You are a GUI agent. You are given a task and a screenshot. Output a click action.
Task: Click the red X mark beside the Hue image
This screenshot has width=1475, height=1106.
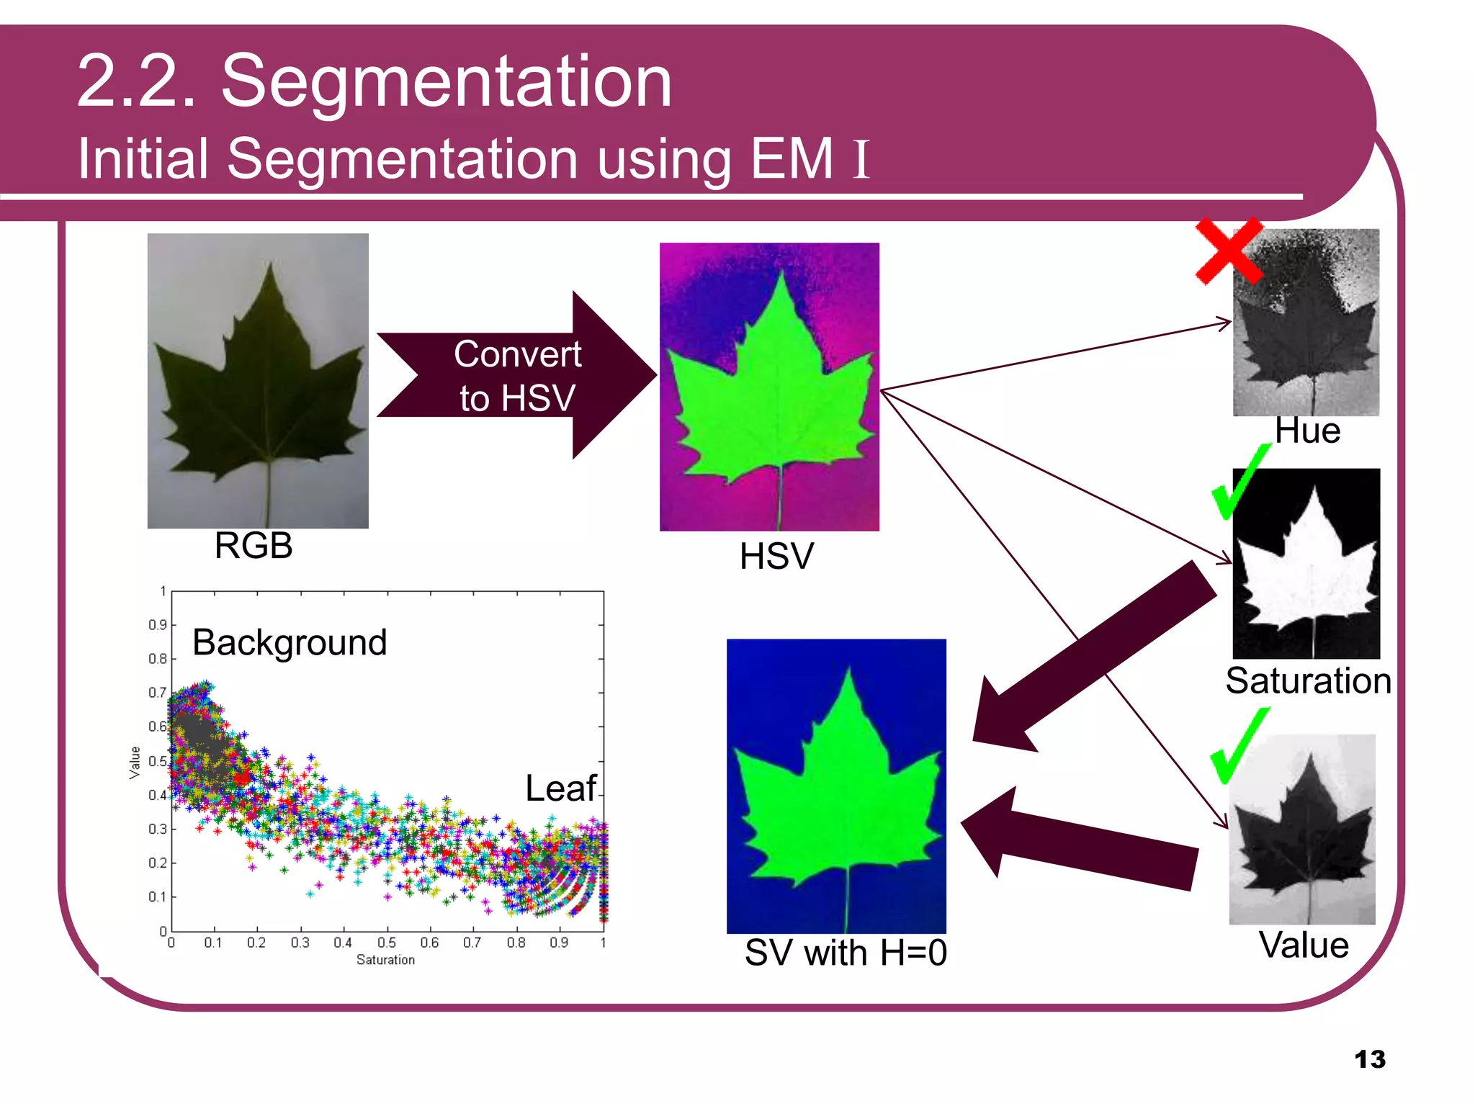(x=1229, y=252)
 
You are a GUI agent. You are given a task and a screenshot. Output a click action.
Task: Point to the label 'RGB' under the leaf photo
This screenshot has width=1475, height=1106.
(x=254, y=545)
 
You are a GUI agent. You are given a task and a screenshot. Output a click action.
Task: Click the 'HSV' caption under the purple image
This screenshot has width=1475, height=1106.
(x=776, y=557)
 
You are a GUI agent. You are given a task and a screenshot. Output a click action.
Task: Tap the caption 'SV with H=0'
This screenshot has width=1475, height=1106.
(x=846, y=953)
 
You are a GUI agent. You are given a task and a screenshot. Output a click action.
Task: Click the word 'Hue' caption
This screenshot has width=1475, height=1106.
(x=1307, y=431)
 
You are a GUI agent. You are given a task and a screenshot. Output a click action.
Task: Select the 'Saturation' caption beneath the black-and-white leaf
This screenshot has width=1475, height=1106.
(x=1308, y=680)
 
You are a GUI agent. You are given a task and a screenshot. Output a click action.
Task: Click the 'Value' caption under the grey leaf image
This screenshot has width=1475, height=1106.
(x=1304, y=945)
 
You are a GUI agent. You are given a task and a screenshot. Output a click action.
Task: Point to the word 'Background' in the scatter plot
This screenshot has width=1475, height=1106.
(x=290, y=642)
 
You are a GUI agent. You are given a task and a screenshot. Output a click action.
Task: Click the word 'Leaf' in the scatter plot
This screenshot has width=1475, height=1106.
(x=560, y=788)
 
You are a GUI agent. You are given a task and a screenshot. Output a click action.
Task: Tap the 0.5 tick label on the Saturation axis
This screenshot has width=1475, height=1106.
(x=387, y=943)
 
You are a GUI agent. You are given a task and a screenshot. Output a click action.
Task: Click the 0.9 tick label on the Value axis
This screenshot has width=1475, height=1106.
(x=157, y=625)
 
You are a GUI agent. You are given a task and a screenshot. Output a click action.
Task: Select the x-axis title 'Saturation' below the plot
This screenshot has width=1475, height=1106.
(x=385, y=960)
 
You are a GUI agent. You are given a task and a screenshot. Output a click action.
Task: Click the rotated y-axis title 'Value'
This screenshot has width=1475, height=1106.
(x=135, y=763)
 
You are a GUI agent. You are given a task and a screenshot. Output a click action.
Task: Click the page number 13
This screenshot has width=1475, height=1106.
(x=1369, y=1059)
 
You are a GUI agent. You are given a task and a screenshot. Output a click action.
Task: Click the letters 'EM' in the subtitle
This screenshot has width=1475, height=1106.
(x=791, y=158)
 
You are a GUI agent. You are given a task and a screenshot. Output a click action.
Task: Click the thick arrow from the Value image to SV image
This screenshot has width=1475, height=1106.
(x=1080, y=842)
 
